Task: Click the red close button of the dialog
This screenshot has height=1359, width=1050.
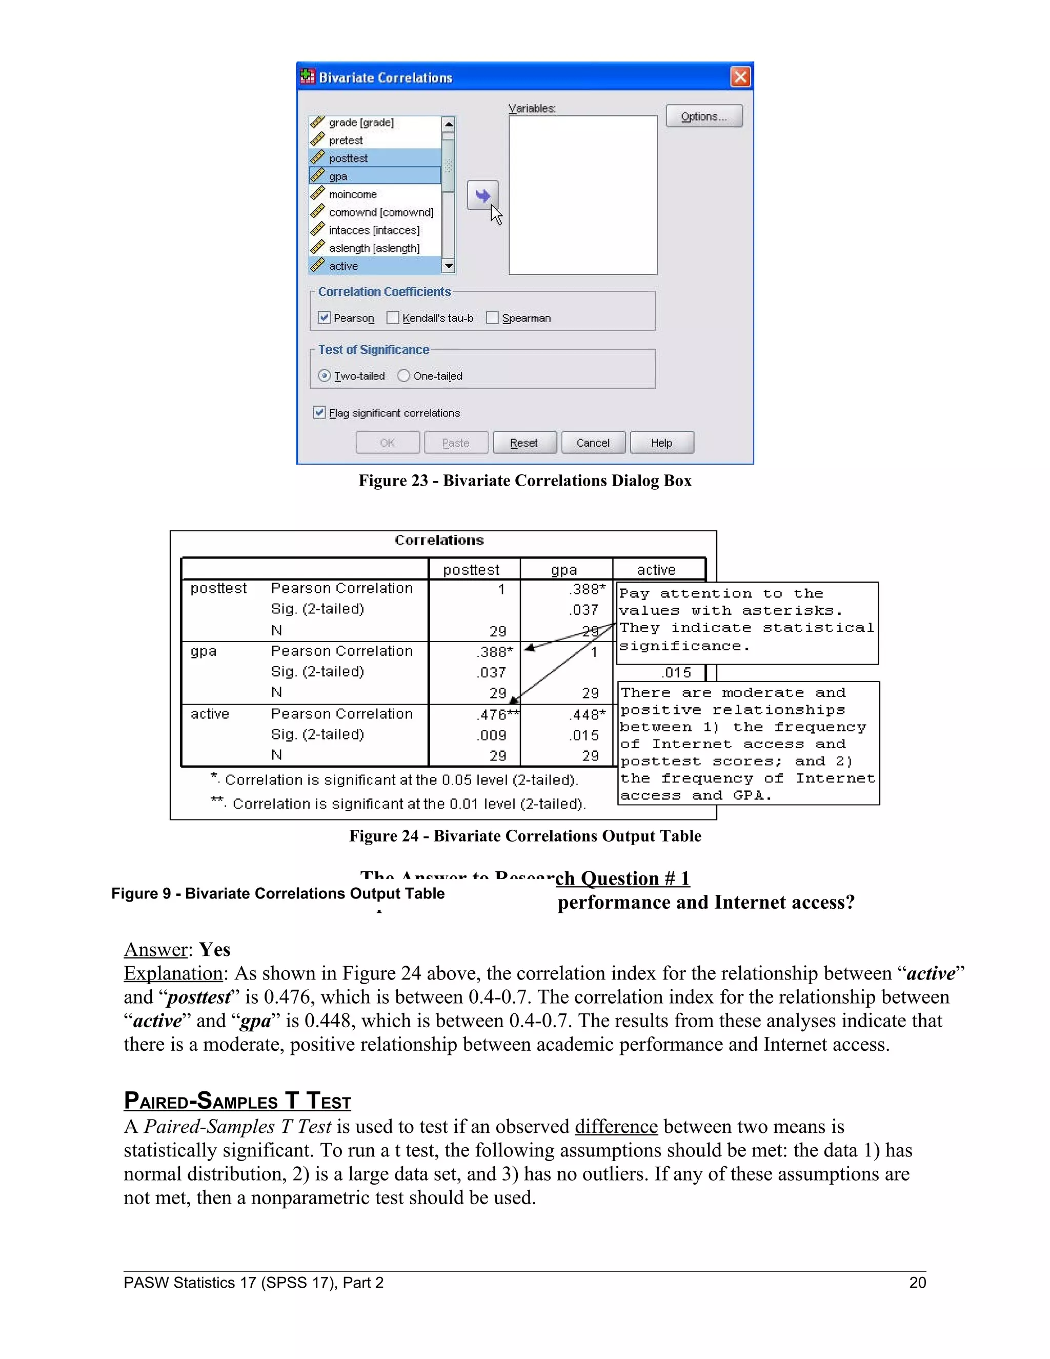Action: point(740,77)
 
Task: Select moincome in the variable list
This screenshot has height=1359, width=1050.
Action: point(352,195)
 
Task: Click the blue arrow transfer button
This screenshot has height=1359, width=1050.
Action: point(482,196)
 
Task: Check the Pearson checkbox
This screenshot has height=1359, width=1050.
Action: point(324,318)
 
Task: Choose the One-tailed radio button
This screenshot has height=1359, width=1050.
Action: point(403,376)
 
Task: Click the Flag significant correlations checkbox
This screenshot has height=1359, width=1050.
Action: point(319,412)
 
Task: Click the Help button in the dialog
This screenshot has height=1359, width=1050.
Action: point(661,443)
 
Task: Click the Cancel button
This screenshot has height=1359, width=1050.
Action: point(593,443)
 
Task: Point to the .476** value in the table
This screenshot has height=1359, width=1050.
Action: point(496,715)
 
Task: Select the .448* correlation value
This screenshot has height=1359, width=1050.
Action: point(587,715)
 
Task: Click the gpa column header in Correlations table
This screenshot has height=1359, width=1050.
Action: point(564,570)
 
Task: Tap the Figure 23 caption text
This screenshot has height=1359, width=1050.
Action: point(524,481)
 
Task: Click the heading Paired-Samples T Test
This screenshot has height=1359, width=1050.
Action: point(237,1101)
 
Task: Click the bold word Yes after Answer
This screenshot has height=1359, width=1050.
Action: point(215,950)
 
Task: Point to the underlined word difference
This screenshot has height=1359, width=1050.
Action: point(616,1127)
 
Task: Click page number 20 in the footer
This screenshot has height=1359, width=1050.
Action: point(917,1283)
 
